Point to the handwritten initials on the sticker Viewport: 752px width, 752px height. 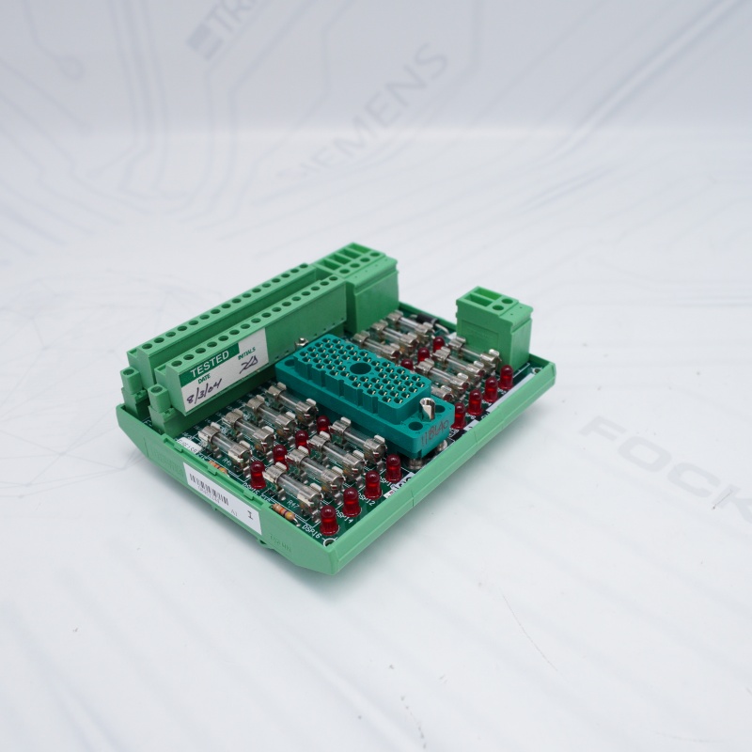point(248,368)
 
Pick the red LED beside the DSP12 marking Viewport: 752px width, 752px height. point(372,485)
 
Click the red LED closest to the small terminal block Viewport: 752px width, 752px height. point(506,376)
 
